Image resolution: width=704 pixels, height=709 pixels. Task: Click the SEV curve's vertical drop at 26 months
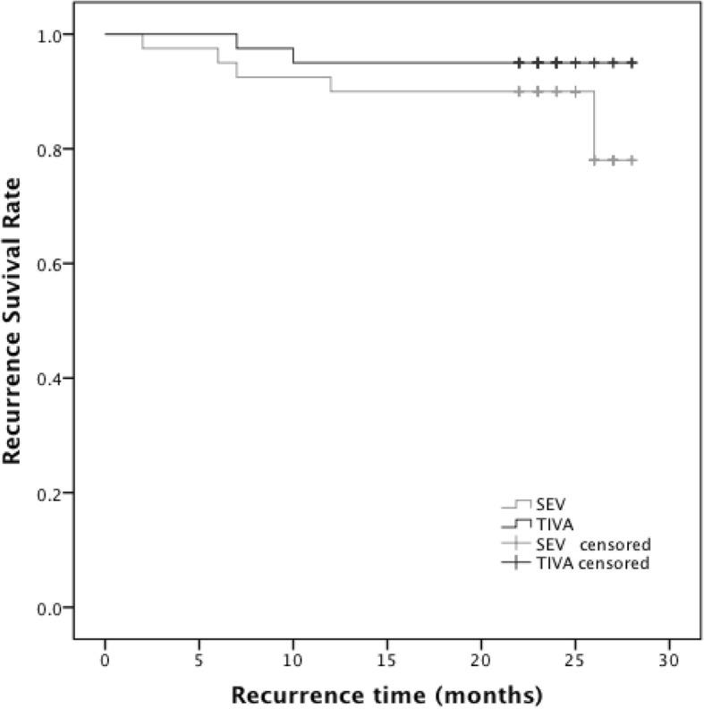coord(594,125)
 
